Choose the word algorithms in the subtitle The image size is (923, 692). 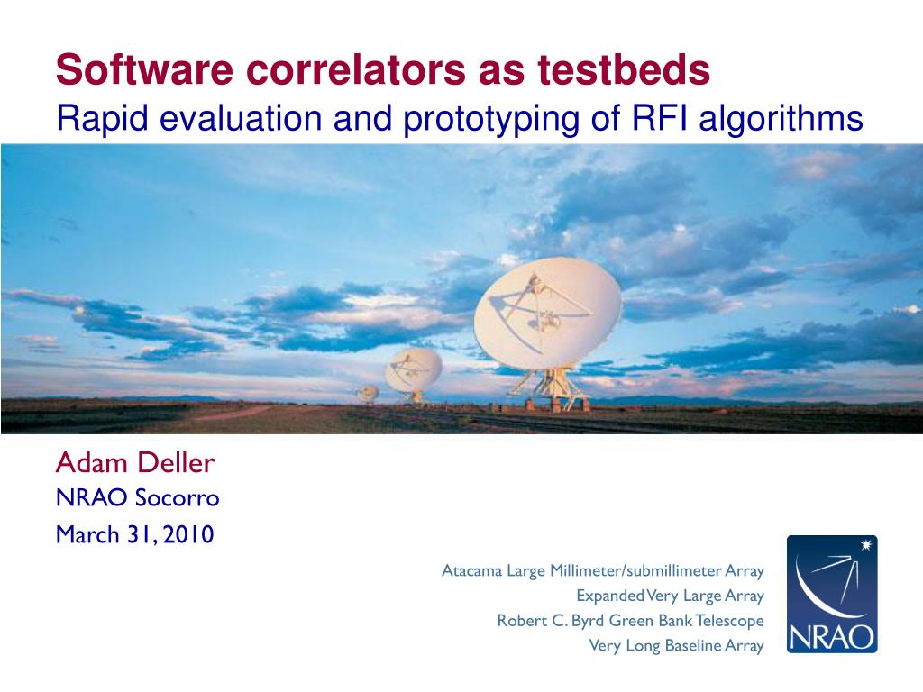click(781, 120)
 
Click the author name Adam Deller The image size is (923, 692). click(135, 463)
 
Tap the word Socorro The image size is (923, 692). click(178, 497)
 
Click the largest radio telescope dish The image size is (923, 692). click(547, 313)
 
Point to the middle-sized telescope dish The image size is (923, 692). click(413, 369)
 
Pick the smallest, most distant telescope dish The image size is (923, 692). click(369, 393)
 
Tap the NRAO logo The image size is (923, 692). click(832, 594)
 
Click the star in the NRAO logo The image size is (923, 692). click(865, 545)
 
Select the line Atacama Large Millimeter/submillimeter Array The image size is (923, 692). click(603, 570)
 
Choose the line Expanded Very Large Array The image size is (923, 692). click(670, 596)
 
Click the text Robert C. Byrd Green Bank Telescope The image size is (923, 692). click(630, 621)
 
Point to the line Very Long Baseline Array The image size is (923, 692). click(676, 645)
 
